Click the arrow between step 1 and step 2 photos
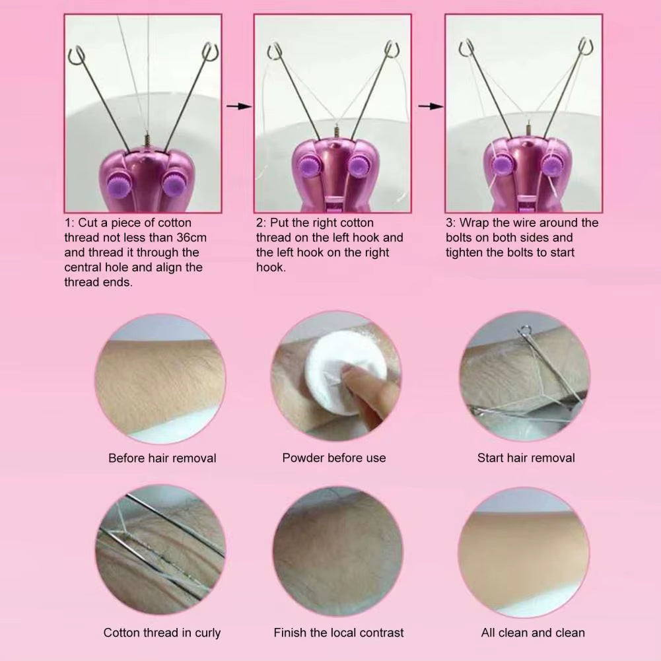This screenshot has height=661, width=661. (244, 106)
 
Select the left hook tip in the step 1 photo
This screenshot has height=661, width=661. (77, 52)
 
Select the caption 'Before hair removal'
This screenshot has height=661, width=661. (162, 458)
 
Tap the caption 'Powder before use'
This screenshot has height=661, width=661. (334, 458)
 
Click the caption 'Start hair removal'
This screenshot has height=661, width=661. (526, 458)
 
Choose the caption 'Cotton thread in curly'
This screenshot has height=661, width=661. (162, 633)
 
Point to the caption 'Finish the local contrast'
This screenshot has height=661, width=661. (338, 633)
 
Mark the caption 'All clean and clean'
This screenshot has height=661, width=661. (532, 633)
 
